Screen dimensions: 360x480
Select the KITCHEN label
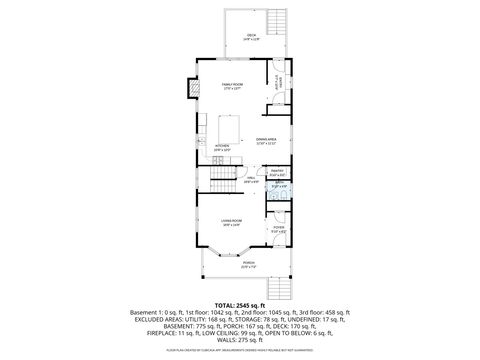[222, 146]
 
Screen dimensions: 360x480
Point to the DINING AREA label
[266, 139]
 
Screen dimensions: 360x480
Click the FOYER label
[278, 228]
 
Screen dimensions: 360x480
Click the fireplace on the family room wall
[186, 89]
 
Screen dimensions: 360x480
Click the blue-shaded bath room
[279, 186]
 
